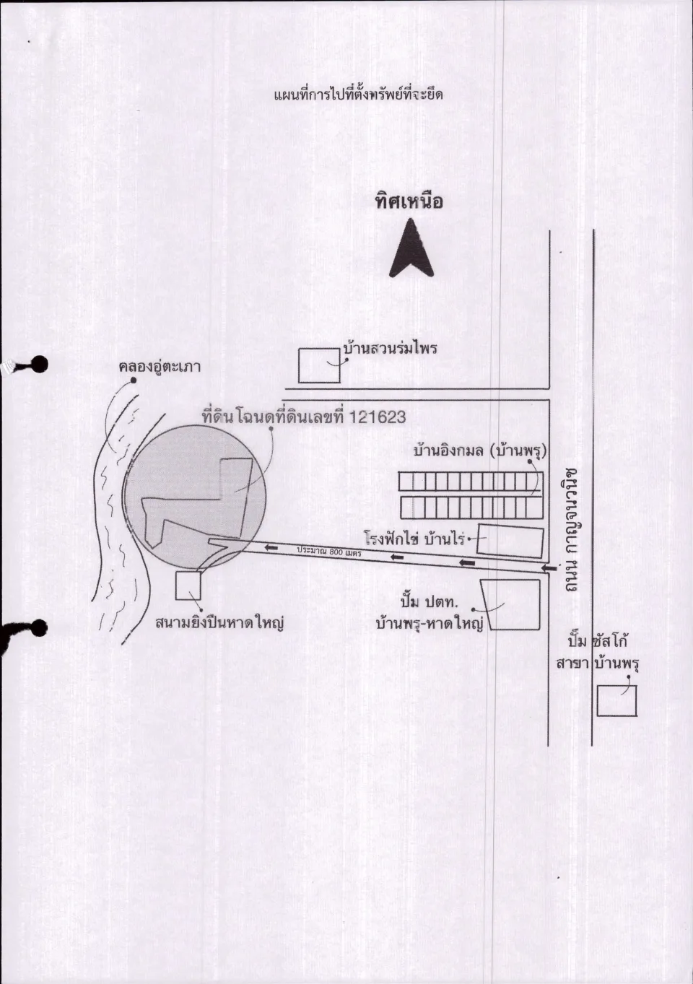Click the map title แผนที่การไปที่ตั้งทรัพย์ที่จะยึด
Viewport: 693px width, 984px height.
point(358,95)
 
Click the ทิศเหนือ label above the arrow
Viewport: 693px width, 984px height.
point(409,201)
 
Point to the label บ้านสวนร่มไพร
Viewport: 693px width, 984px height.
point(391,349)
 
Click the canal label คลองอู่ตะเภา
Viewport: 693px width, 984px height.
point(160,366)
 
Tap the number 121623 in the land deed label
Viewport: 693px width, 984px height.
point(378,417)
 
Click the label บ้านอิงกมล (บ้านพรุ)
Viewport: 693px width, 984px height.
point(480,451)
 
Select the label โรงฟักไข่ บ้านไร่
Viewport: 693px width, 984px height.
point(414,539)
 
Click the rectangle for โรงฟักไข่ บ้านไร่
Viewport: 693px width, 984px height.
point(510,541)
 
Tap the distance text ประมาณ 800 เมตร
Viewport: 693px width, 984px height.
point(329,552)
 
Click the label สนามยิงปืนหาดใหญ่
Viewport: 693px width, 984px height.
point(219,623)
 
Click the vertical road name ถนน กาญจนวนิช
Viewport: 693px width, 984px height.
point(571,529)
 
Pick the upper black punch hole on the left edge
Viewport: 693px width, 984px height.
point(39,365)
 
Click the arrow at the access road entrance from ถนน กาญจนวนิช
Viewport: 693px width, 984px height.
point(550,568)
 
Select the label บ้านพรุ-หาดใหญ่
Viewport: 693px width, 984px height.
point(430,623)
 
